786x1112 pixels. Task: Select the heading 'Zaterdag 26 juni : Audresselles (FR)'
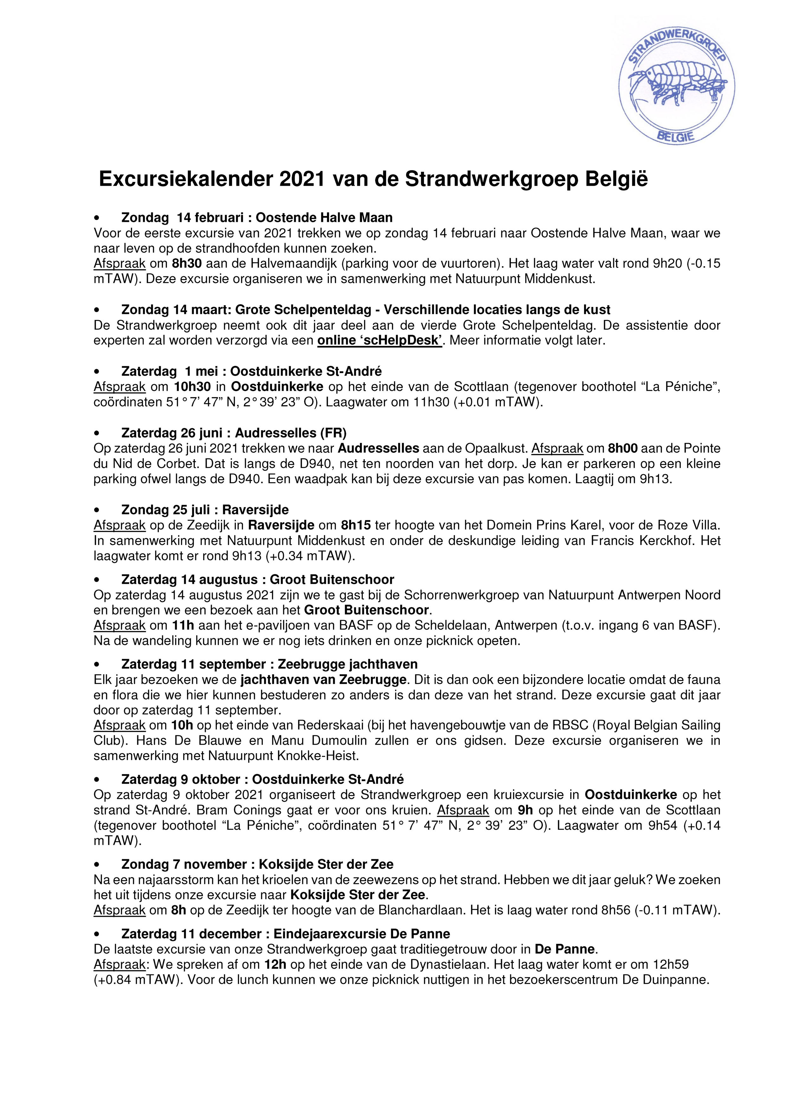tap(234, 433)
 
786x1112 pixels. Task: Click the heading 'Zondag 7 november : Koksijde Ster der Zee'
tap(257, 865)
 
